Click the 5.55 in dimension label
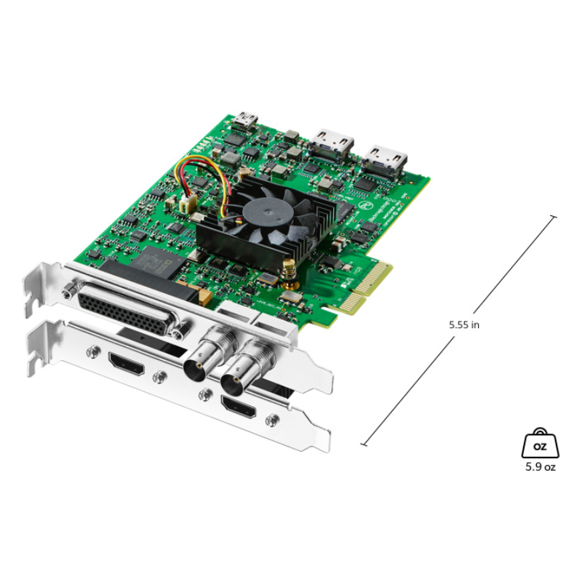[x=464, y=325]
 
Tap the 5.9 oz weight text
[x=540, y=467]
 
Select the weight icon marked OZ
[x=540, y=443]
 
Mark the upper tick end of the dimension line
[x=554, y=216]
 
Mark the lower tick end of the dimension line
[x=363, y=443]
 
